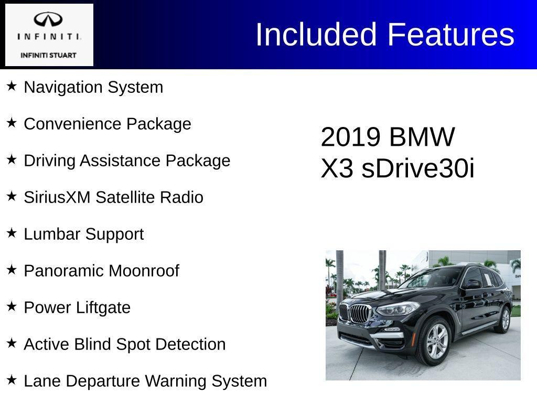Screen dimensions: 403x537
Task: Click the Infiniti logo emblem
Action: click(x=48, y=19)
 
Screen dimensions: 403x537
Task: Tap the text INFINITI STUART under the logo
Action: click(x=48, y=55)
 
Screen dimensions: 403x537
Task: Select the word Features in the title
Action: click(x=450, y=35)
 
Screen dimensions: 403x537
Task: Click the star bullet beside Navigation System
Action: click(x=12, y=86)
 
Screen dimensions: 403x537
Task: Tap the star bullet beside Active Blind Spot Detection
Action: click(x=12, y=343)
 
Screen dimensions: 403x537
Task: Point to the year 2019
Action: click(x=350, y=137)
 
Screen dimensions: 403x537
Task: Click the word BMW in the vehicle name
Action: click(x=422, y=137)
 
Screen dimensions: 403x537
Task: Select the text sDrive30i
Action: click(x=418, y=168)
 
